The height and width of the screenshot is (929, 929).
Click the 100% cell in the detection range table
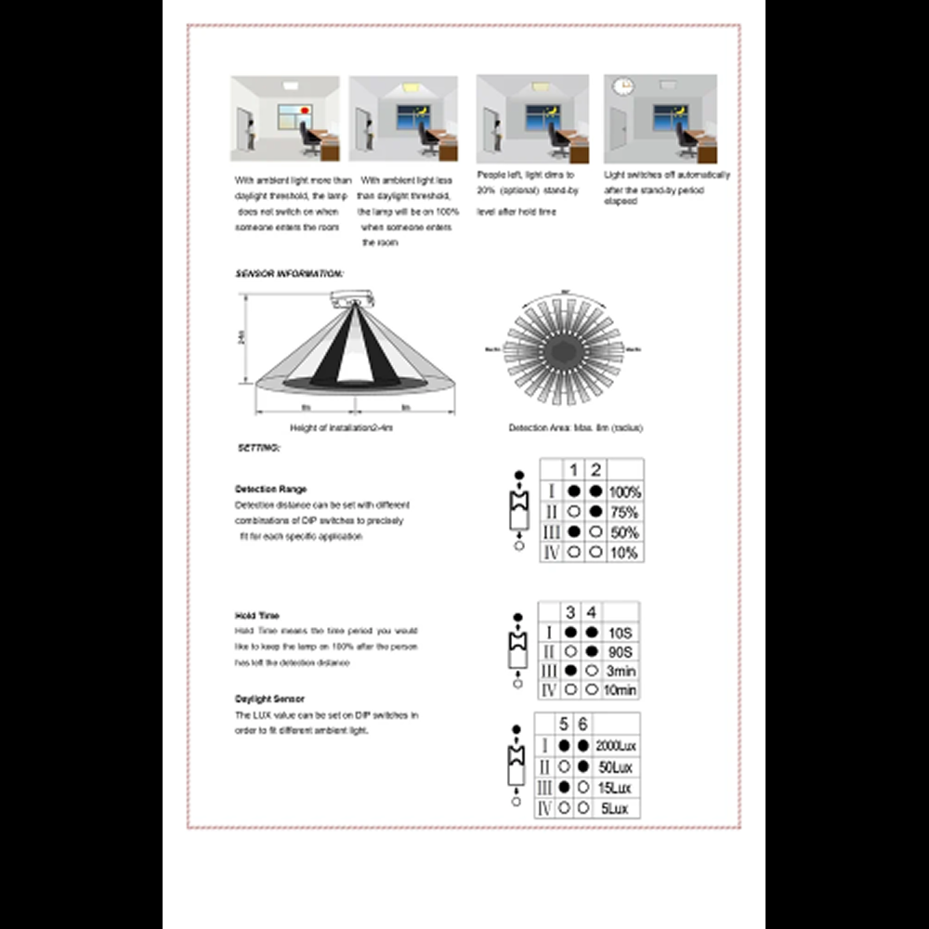[625, 491]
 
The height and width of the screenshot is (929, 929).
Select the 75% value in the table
[625, 512]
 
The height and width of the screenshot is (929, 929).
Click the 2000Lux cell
[617, 746]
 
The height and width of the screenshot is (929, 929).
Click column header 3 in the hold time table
[570, 612]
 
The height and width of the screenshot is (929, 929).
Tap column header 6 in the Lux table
[582, 724]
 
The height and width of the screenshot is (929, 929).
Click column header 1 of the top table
[574, 470]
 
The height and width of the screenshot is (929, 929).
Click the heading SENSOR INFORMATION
[289, 275]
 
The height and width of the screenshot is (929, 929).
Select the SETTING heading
[258, 448]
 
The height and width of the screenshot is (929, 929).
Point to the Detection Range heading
[270, 489]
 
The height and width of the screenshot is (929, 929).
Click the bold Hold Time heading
[257, 615]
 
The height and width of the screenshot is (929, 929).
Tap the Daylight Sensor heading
[269, 698]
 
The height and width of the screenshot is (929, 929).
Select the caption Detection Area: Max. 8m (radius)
[575, 428]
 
